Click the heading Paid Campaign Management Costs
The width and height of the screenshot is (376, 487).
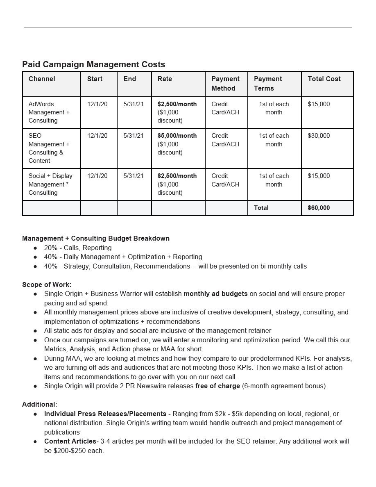coord(93,64)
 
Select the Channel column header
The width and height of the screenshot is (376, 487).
coord(42,79)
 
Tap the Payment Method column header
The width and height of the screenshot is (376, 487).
coord(225,84)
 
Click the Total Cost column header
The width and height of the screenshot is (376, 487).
coord(324,79)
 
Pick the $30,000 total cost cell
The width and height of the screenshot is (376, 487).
coord(319,136)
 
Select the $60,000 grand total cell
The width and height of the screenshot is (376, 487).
coord(319,208)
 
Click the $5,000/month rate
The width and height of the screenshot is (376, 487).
coord(177,136)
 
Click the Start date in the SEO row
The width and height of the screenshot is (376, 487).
coord(97,136)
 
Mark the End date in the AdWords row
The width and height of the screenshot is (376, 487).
coord(134,104)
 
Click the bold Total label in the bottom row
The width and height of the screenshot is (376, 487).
coord(261,208)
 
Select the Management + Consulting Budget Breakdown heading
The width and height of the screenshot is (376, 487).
coord(96,239)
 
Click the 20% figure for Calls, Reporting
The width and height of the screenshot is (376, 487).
coord(51,248)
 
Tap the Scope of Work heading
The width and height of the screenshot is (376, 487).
coord(47,284)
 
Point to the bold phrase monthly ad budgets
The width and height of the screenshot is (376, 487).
coord(215,294)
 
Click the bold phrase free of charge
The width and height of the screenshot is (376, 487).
coord(217,386)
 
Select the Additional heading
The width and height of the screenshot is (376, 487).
coord(40,405)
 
